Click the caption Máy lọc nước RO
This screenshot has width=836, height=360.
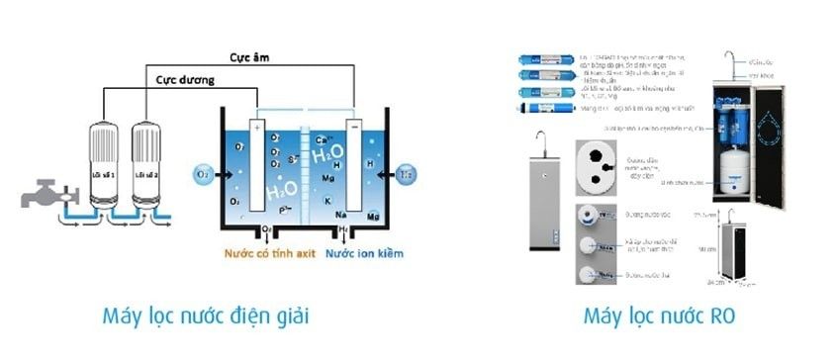point(652,317)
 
